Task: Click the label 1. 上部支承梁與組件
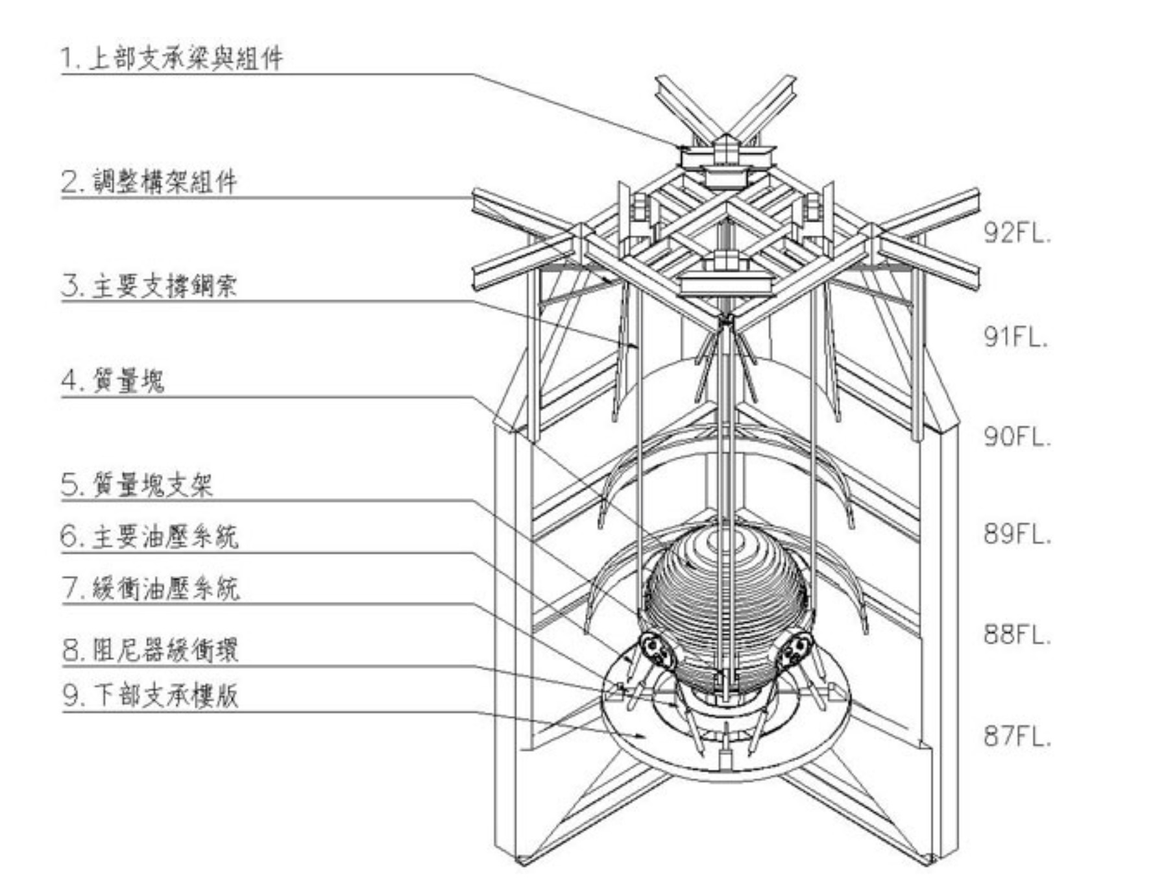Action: (x=172, y=58)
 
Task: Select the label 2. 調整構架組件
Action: (x=149, y=181)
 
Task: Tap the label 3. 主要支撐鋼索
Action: (x=149, y=286)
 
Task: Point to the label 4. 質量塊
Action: (x=113, y=380)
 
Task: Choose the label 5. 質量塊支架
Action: (x=137, y=484)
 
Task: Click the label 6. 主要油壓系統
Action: (x=149, y=537)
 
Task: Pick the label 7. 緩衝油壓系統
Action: (x=151, y=588)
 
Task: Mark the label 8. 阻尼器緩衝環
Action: (x=151, y=649)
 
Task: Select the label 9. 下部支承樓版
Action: (x=151, y=695)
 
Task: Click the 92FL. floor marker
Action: (x=1016, y=232)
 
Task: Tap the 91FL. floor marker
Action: (x=1016, y=336)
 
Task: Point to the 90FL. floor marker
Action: (x=1016, y=437)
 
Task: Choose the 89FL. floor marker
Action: (x=1016, y=534)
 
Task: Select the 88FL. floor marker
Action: (x=1016, y=634)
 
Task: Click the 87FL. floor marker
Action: (x=1016, y=736)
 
